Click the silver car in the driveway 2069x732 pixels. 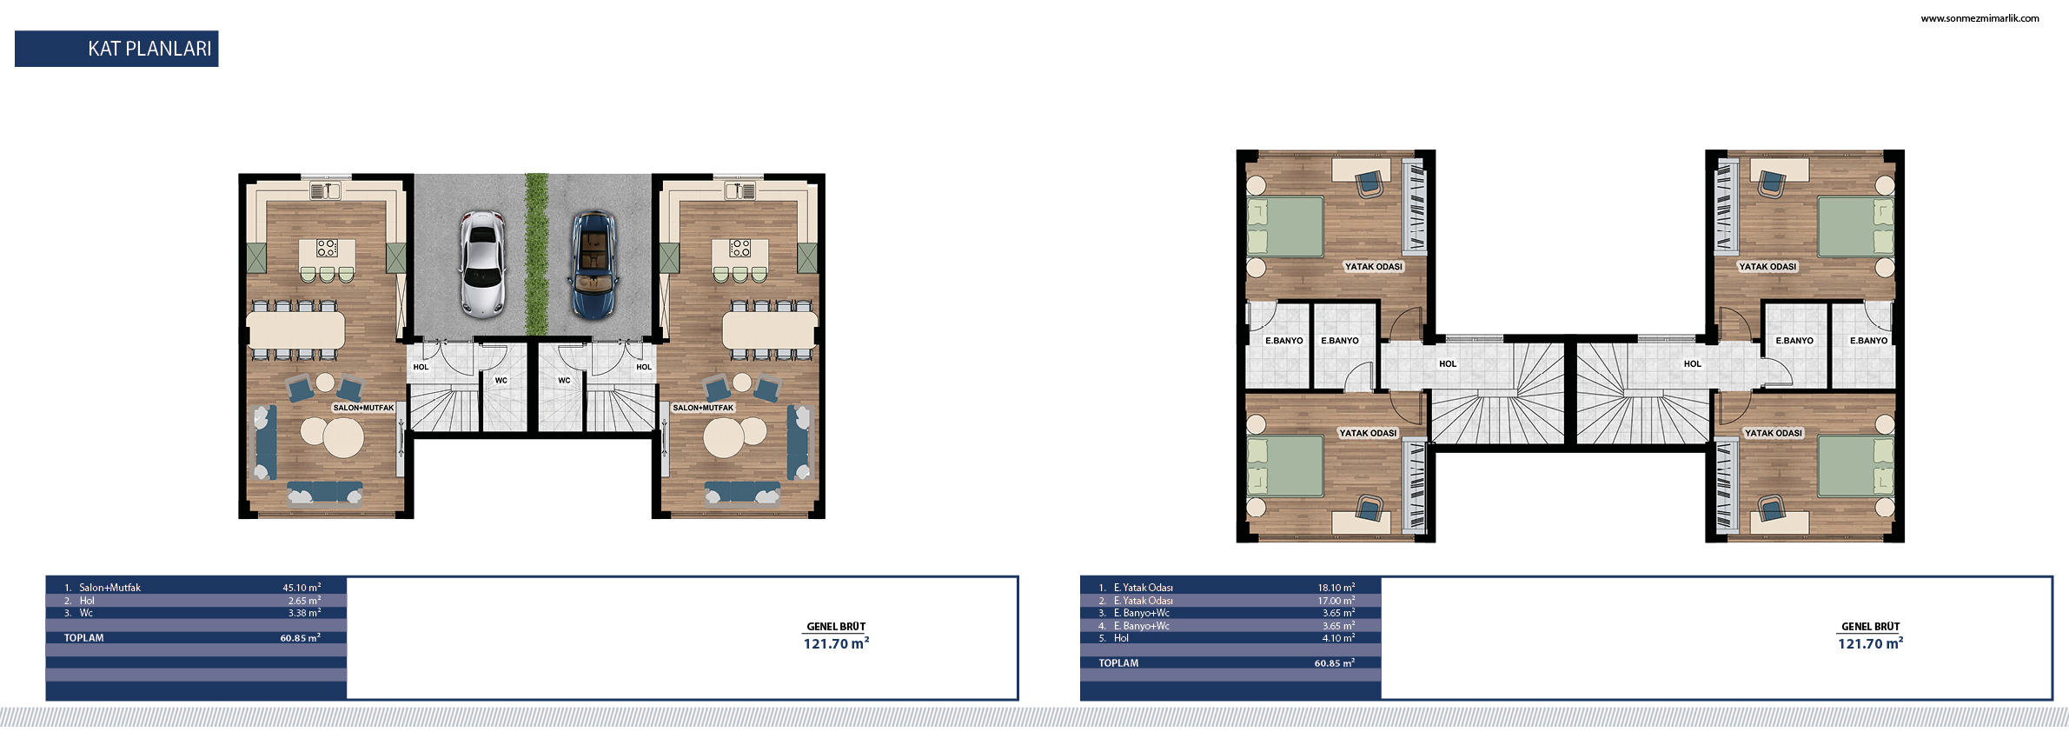(482, 263)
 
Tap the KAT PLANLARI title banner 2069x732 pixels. (116, 49)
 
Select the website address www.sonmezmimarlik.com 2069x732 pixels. (1979, 18)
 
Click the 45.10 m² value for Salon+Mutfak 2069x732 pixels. (302, 588)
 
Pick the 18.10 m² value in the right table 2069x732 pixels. (1336, 588)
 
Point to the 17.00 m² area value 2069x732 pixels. (1336, 601)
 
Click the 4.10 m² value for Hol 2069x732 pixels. (1338, 638)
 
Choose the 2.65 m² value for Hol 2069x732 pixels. (304, 601)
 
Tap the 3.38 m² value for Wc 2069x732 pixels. (304, 613)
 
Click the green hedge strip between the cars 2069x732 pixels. (537, 254)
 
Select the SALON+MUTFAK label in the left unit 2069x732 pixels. (363, 408)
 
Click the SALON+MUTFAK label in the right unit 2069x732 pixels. (703, 408)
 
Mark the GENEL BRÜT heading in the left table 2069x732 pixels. (836, 627)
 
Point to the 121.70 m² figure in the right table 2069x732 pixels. (1870, 643)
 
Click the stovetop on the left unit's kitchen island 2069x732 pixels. (327, 248)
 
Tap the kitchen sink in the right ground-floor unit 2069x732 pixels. (739, 190)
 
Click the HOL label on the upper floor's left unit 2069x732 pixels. (1448, 364)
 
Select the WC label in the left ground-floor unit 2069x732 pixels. (501, 381)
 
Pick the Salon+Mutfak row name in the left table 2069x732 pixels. (109, 588)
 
